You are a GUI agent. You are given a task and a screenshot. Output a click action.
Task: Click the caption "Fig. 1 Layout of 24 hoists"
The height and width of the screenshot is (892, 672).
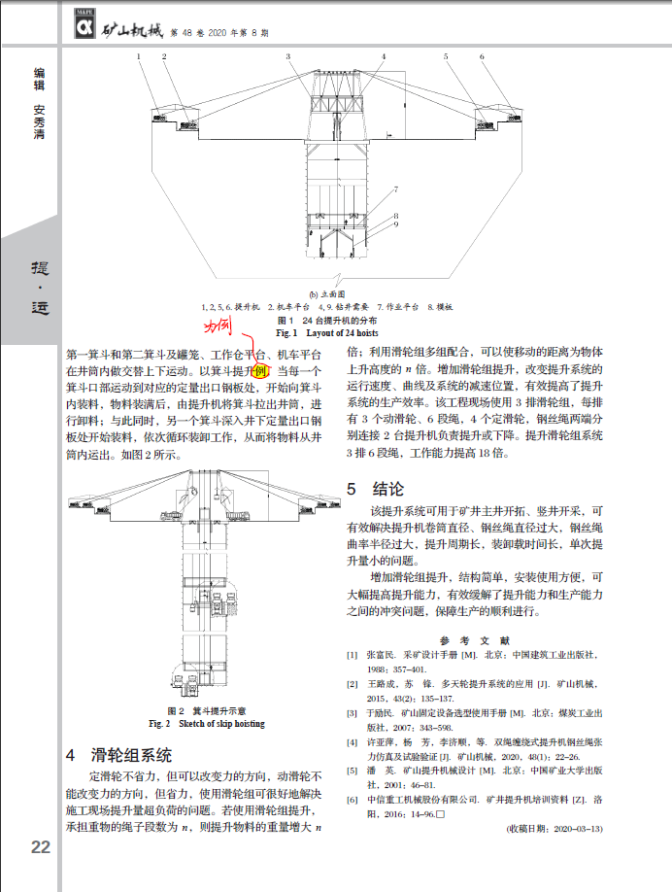pyautogui.click(x=335, y=332)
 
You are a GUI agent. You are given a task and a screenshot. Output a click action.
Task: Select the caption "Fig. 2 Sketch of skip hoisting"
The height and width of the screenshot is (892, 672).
pyautogui.click(x=206, y=724)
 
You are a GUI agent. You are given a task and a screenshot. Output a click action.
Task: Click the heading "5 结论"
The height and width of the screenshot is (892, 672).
pyautogui.click(x=374, y=489)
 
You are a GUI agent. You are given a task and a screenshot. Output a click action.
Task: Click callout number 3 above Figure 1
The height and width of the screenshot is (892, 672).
pyautogui.click(x=288, y=57)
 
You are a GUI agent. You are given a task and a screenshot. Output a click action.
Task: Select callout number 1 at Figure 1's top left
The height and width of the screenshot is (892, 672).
pyautogui.click(x=139, y=57)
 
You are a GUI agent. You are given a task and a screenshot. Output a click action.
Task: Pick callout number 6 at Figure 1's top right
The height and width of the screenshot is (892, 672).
pyautogui.click(x=474, y=57)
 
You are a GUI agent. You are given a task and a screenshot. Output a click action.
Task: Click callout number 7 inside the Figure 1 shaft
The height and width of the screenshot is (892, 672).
pyautogui.click(x=396, y=189)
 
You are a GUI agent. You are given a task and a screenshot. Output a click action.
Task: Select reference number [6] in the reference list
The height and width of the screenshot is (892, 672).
pyautogui.click(x=352, y=799)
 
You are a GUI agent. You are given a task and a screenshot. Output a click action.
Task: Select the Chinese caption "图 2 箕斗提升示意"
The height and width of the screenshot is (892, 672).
pyautogui.click(x=206, y=711)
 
